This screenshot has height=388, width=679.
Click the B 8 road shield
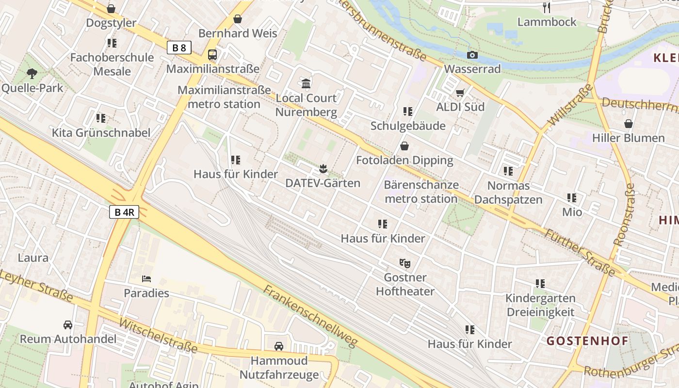click(x=179, y=48)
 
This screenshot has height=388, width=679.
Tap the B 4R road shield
click(x=124, y=212)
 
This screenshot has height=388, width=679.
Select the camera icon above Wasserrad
click(x=472, y=55)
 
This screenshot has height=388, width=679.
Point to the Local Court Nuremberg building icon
click(x=306, y=84)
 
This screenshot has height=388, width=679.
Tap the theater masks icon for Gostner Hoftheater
click(x=404, y=263)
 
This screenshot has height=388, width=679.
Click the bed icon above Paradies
click(x=146, y=279)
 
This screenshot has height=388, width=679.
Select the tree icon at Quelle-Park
click(x=32, y=74)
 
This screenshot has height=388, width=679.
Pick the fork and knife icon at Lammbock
click(x=547, y=7)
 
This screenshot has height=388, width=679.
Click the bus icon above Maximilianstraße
click(x=212, y=55)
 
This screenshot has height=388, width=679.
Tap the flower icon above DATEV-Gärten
click(x=323, y=169)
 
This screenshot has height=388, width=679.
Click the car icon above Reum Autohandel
click(x=68, y=324)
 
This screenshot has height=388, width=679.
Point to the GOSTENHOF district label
click(x=587, y=341)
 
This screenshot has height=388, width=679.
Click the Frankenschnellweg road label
click(x=310, y=316)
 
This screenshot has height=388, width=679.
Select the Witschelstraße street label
click(x=158, y=336)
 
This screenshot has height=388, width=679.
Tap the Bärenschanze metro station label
click(x=421, y=192)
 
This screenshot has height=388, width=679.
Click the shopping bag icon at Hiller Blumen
click(x=629, y=124)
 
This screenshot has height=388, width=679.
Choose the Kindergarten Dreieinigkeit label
click(x=540, y=305)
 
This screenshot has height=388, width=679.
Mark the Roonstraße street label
click(x=624, y=214)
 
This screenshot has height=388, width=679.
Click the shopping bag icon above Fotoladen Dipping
click(x=404, y=146)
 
